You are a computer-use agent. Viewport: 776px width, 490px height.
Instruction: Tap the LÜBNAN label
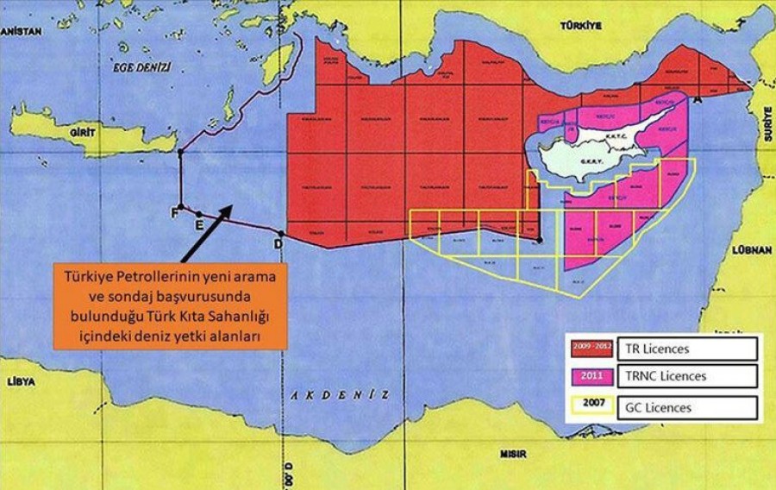pos(749,250)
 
